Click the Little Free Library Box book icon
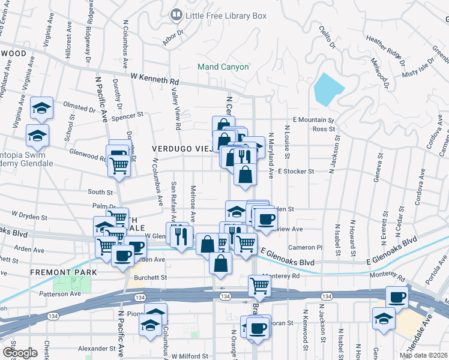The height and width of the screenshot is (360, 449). tap(176, 16)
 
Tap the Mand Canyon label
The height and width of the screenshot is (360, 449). tap(224, 67)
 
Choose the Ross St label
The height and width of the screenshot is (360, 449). tap(324, 129)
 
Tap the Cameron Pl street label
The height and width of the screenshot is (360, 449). tap(306, 247)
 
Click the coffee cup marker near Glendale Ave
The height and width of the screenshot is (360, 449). tap(396, 296)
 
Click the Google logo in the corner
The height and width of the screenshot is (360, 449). tap(20, 353)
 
